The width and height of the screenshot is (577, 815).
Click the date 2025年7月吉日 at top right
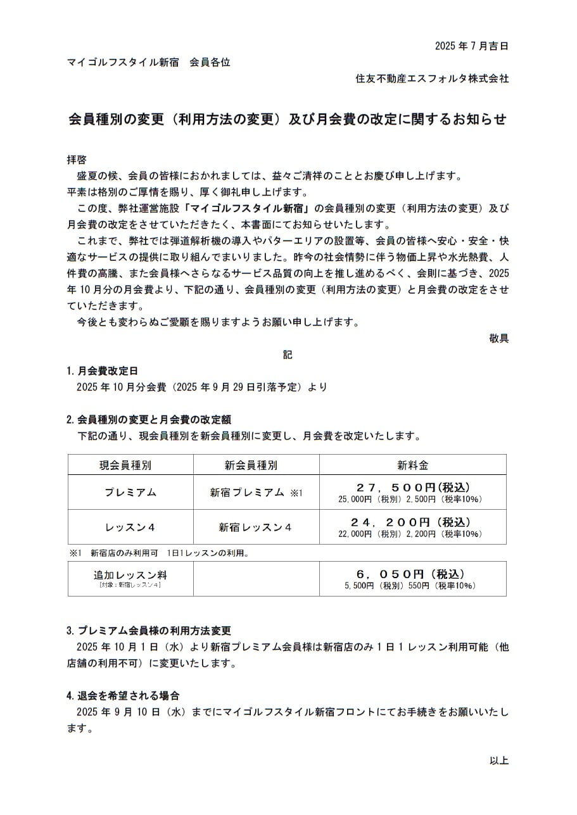471,46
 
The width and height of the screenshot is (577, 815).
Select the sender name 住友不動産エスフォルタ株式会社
432,79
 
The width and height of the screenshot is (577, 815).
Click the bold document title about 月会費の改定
288,119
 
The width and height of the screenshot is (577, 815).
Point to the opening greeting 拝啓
77,160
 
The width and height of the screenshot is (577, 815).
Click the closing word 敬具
498,338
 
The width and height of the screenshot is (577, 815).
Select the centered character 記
288,355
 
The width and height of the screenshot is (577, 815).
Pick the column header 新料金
412,465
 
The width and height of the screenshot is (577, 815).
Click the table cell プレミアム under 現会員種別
130,493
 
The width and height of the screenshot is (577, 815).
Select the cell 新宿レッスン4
255,527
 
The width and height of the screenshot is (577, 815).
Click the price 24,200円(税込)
412,522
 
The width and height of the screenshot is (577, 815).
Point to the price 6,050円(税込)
412,574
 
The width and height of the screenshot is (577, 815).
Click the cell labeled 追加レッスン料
130,574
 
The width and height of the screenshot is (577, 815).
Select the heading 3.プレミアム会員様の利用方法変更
149,631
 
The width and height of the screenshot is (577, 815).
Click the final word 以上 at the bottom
498,761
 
